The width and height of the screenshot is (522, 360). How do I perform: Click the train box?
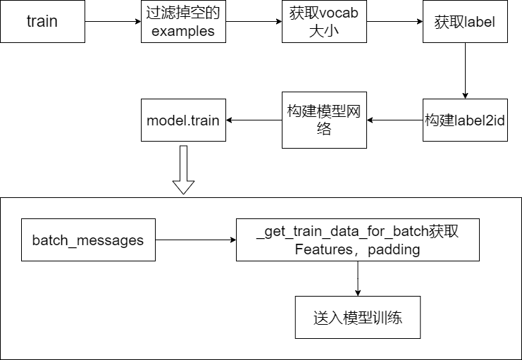pos(42,21)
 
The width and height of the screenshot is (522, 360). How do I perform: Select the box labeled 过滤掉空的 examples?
pos(183,21)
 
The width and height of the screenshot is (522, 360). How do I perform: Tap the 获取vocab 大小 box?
pos(324,21)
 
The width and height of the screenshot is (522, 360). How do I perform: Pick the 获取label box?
pos(465,21)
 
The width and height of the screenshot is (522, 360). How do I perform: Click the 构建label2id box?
pos(465,120)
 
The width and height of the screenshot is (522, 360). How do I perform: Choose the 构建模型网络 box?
pos(324,120)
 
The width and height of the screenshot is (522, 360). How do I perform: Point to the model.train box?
pos(183,120)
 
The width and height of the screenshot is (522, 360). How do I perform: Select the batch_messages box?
pos(88,240)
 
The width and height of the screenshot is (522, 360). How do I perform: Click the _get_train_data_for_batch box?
pos(357,240)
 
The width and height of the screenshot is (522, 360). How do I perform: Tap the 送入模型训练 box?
pos(357,317)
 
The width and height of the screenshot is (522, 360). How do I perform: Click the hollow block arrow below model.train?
pos(183,169)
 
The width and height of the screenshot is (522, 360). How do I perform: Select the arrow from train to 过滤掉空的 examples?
pos(113,21)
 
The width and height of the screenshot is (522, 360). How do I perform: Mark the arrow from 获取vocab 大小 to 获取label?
pos(394,21)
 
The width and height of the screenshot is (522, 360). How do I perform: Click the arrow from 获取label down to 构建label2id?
pos(465,70)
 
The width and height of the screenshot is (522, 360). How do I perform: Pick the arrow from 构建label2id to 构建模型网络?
pos(394,120)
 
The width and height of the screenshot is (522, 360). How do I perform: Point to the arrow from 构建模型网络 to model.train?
pos(254,120)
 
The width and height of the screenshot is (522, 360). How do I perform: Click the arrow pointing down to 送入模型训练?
pos(357,278)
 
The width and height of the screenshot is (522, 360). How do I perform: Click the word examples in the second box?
pos(183,32)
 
